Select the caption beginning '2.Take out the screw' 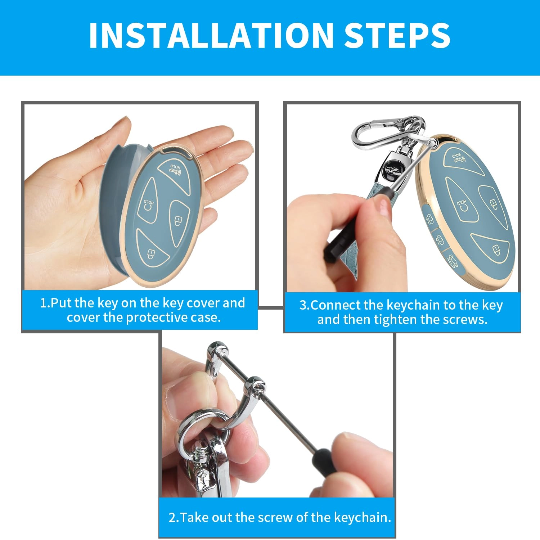point(279,517)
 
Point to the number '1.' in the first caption point(45,303)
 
